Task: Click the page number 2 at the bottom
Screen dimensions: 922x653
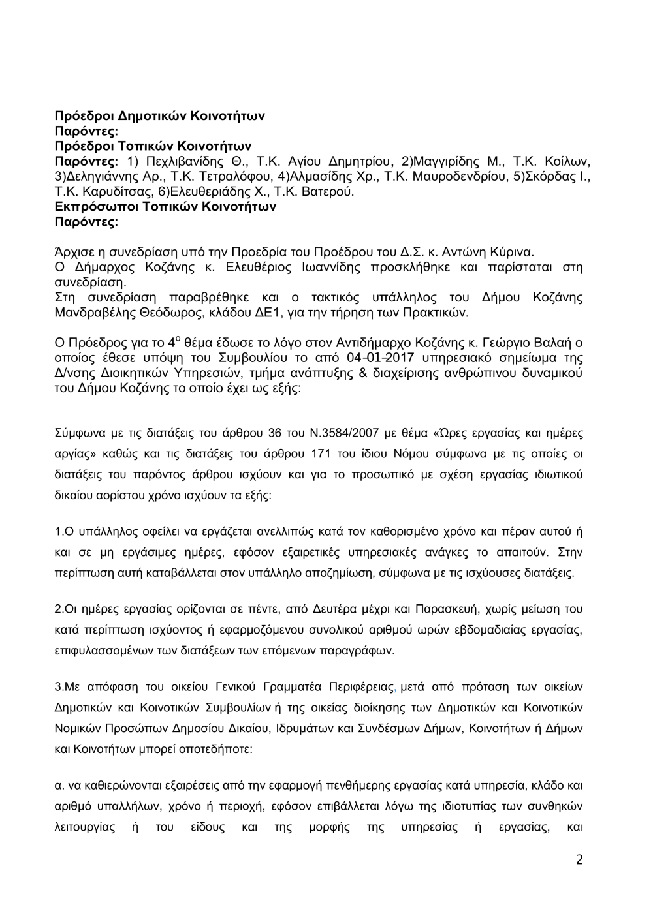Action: coord(579,859)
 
